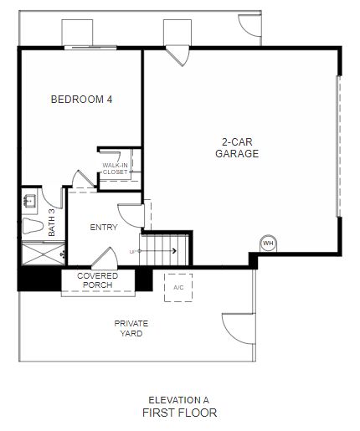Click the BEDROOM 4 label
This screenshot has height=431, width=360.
[x=81, y=100]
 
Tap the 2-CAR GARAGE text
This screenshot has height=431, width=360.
[x=237, y=148]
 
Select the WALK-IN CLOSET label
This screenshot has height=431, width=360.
[x=115, y=168]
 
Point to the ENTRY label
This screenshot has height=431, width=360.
[x=104, y=227]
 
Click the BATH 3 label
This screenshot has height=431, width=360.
[x=52, y=223]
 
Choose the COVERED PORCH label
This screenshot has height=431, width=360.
[x=97, y=280]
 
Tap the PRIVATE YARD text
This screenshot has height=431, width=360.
[x=131, y=328]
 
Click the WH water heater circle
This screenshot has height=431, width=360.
[x=268, y=244]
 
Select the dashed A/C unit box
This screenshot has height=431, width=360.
[x=178, y=288]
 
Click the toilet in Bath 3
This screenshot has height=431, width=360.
[x=33, y=226]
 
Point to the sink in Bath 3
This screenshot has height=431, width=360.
[x=29, y=201]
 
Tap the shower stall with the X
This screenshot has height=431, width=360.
[x=44, y=254]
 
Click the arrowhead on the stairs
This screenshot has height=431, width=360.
[x=175, y=251]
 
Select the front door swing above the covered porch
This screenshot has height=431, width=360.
[x=105, y=258]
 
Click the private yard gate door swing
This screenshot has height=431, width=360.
[x=239, y=328]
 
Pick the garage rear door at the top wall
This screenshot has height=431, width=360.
[x=177, y=56]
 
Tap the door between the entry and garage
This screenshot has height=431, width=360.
[x=131, y=215]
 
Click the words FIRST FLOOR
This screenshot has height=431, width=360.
[x=180, y=413]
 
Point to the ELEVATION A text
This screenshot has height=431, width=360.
[x=178, y=400]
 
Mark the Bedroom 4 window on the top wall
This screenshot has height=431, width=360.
[x=90, y=48]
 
